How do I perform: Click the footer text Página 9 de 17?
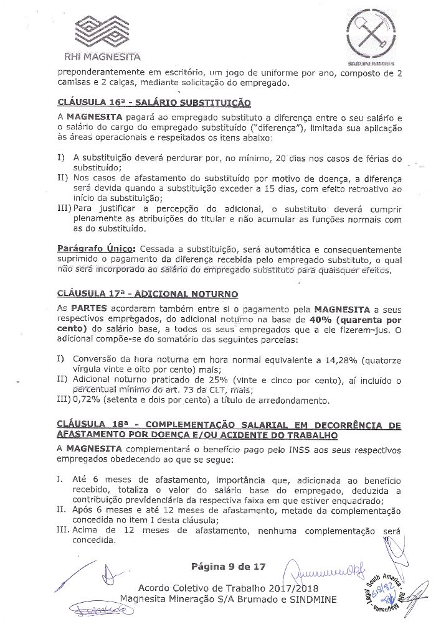point(229,567)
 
